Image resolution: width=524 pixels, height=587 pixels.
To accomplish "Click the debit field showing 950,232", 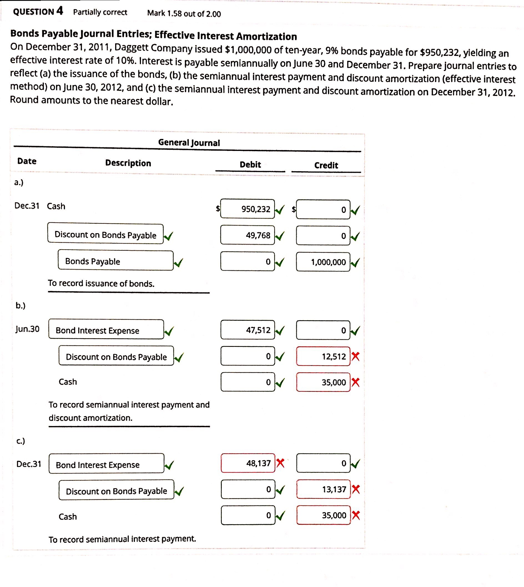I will (x=247, y=209).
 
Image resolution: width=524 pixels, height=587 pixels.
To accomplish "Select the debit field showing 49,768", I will (x=247, y=235).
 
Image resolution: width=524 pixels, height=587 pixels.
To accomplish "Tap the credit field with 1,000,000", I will (x=323, y=262).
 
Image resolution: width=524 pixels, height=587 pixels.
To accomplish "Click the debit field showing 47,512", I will (x=248, y=330).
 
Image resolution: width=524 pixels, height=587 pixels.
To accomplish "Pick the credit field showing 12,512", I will (x=323, y=356).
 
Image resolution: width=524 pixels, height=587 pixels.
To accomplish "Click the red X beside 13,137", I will (x=356, y=489).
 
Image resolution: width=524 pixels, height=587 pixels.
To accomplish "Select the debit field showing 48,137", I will (x=248, y=463).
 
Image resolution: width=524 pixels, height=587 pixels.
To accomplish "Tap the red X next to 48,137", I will (x=280, y=463).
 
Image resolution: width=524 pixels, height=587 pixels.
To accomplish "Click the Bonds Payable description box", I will (x=115, y=261).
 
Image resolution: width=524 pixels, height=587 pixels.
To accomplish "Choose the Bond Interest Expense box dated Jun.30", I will (x=106, y=329).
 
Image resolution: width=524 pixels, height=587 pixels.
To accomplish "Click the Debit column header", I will (x=250, y=165).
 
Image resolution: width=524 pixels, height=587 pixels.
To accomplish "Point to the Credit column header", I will (x=326, y=165).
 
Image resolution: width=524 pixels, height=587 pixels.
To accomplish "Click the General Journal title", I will (x=189, y=143).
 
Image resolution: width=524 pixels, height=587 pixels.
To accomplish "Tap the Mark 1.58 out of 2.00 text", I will (x=184, y=13).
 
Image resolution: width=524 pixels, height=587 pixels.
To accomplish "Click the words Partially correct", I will (x=100, y=12).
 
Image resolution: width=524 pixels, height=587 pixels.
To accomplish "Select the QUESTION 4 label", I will (x=38, y=11).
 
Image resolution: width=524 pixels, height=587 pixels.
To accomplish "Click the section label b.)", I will (x=20, y=305).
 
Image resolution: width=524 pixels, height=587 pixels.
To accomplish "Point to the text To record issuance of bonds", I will (x=101, y=283).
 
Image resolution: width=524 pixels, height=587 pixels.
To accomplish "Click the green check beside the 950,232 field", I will (x=280, y=210).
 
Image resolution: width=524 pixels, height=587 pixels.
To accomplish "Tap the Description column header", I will (x=128, y=163).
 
